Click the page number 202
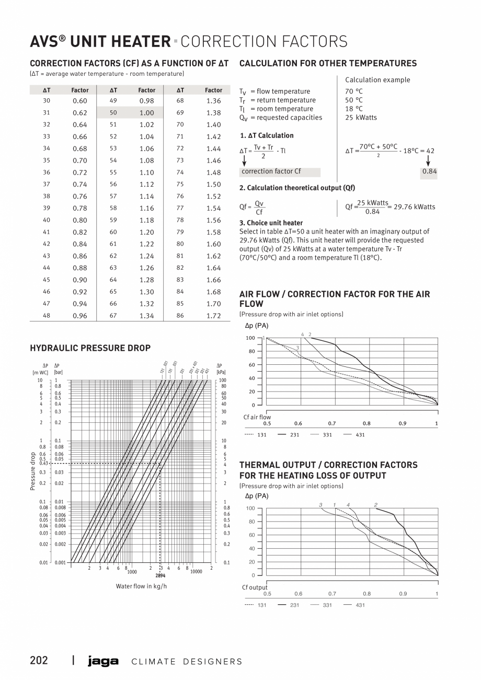click(x=39, y=660)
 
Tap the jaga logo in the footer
click(x=104, y=661)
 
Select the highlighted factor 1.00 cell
click(x=146, y=112)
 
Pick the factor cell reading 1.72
click(x=213, y=316)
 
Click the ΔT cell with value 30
click(x=47, y=100)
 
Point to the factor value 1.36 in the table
click(x=213, y=100)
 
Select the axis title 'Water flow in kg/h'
click(x=141, y=586)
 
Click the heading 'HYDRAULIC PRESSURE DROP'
click(x=90, y=348)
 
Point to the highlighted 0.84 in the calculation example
click(x=430, y=171)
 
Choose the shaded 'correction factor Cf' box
click(x=280, y=171)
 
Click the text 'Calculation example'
click(x=377, y=80)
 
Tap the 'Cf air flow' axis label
click(x=257, y=417)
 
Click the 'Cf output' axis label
click(x=255, y=587)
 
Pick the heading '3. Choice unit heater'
click(x=271, y=223)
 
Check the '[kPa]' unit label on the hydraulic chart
click(x=221, y=372)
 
